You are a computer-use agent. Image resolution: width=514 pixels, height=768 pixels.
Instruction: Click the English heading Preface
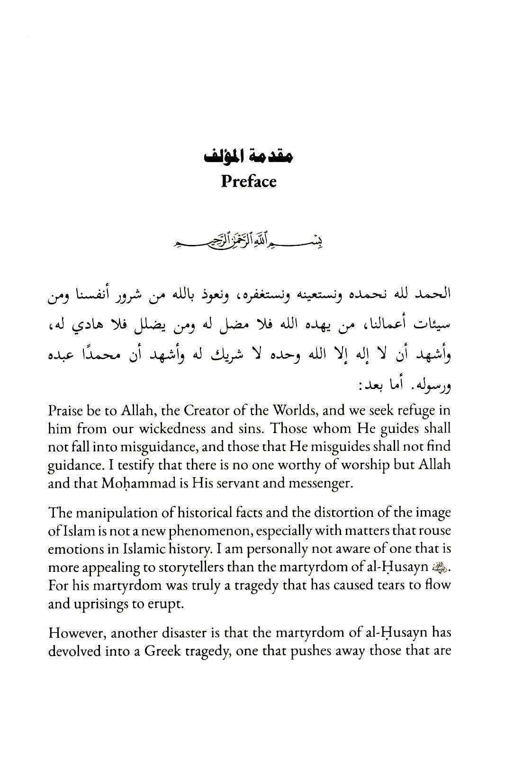(248, 181)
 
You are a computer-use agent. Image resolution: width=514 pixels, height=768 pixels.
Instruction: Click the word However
(73, 633)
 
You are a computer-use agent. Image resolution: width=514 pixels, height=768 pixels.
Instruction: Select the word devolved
(73, 651)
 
